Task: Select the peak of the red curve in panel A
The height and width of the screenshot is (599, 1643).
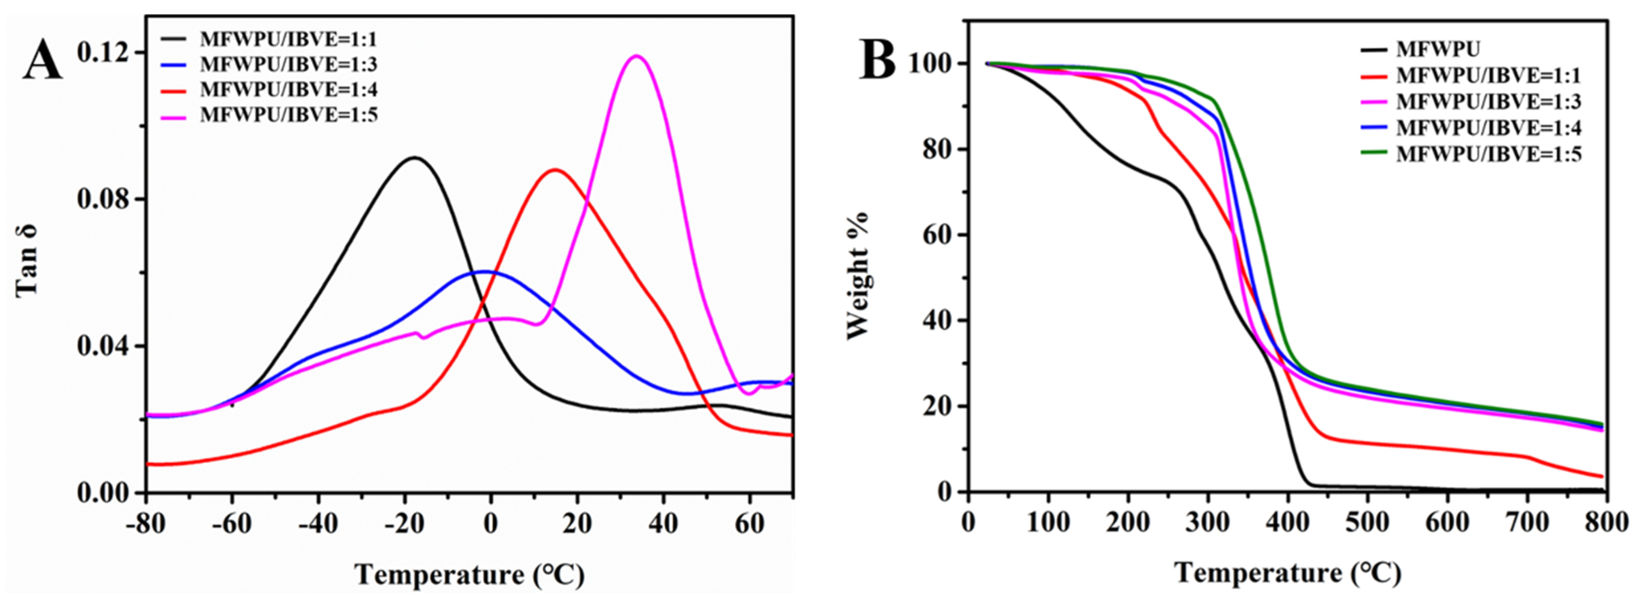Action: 555,170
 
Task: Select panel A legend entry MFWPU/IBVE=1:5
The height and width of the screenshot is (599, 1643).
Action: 288,115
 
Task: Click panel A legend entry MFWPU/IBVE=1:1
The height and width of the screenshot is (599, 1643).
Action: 288,39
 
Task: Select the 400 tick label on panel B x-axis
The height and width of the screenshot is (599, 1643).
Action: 1287,523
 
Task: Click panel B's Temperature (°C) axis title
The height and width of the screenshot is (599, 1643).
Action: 1287,573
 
